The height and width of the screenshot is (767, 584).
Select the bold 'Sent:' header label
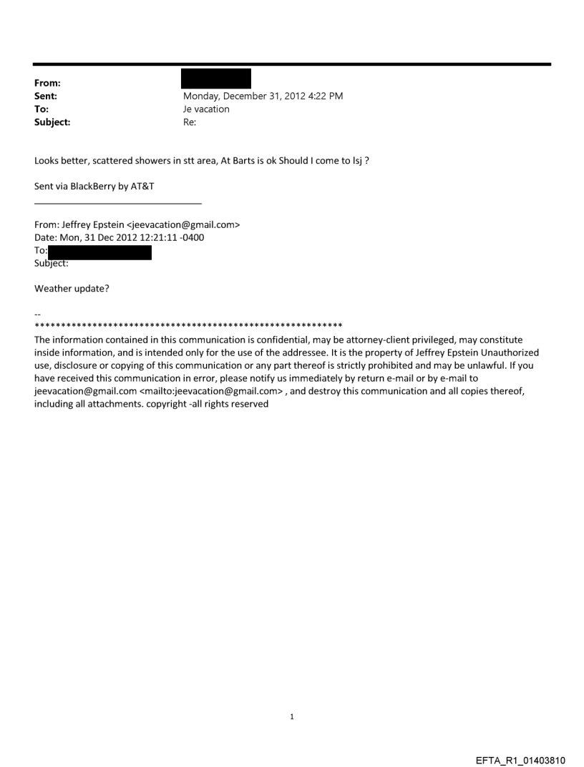click(x=46, y=96)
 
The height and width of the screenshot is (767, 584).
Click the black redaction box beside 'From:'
click(x=217, y=78)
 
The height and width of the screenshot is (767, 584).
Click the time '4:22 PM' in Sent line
click(x=323, y=96)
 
